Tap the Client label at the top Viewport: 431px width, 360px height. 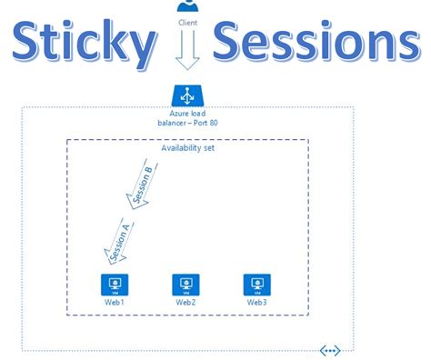pos(188,21)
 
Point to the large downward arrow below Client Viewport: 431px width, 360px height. pos(187,50)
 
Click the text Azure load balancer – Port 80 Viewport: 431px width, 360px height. pos(187,115)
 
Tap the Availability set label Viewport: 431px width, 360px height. pos(187,149)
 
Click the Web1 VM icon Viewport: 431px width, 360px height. pos(114,283)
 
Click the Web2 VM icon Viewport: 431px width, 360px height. pos(185,283)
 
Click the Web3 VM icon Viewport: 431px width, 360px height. pos(256,283)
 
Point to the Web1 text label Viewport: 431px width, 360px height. pos(114,301)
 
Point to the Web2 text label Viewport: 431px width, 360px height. pos(185,301)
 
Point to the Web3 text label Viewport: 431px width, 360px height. pos(256,301)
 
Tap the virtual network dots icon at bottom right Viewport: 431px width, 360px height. pos(329,349)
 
